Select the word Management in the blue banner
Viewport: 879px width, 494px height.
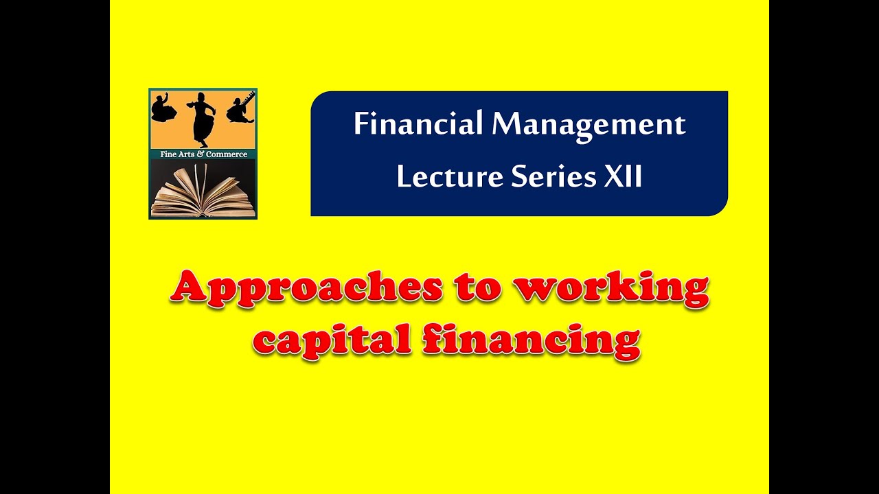pyautogui.click(x=589, y=125)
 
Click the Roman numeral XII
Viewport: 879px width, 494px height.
pyautogui.click(x=623, y=177)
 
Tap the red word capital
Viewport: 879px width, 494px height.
pyautogui.click(x=334, y=341)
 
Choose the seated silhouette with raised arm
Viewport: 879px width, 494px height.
pyautogui.click(x=163, y=108)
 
